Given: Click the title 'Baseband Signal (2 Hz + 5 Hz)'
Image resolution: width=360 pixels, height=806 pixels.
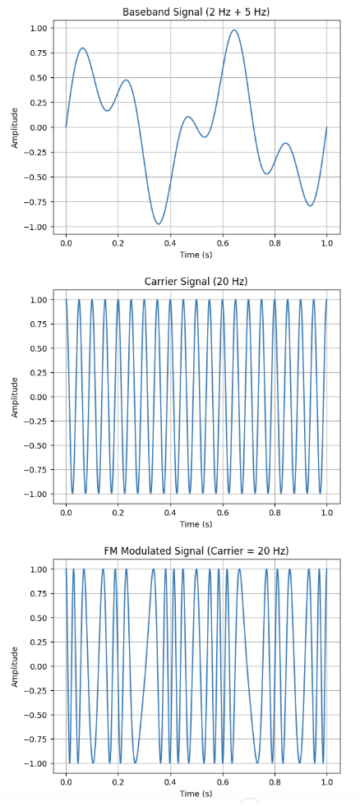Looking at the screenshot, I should (x=196, y=12).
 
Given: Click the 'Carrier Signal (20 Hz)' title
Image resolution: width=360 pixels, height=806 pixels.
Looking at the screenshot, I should (x=196, y=282).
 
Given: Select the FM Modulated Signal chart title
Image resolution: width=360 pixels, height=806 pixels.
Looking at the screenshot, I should (x=196, y=550).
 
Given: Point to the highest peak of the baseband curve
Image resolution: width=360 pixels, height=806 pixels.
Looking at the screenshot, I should (x=234, y=30).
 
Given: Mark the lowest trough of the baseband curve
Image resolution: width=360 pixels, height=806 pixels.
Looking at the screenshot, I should (x=159, y=223).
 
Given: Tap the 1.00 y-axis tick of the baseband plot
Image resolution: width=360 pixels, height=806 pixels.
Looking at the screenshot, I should (x=38, y=28).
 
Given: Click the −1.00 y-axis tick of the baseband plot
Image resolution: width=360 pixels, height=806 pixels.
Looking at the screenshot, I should (x=36, y=227).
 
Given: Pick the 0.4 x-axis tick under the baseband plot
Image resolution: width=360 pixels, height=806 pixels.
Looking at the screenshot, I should (x=170, y=244).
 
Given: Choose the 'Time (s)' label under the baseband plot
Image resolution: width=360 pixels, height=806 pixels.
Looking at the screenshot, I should (x=196, y=256).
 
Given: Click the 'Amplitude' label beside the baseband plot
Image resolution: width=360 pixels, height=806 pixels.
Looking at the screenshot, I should (x=15, y=127).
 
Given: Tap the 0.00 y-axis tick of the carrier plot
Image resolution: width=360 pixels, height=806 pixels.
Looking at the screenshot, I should (x=38, y=397).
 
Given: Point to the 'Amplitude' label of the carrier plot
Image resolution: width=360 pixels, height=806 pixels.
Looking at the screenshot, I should (x=15, y=397).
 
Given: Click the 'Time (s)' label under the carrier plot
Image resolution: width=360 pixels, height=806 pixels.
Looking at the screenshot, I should (x=196, y=524).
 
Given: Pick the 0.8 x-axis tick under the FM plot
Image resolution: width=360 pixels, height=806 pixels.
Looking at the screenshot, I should (x=275, y=783).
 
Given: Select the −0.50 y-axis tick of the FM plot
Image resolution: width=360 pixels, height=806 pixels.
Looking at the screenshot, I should (x=36, y=715).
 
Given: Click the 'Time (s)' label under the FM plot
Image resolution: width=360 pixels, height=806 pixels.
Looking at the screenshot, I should (x=196, y=794).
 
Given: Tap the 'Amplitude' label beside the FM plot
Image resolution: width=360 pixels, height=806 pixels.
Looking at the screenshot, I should (x=15, y=666).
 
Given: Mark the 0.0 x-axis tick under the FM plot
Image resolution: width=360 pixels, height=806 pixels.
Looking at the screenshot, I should (x=66, y=783).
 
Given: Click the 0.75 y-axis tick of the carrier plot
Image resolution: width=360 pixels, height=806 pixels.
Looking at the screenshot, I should (x=38, y=324).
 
